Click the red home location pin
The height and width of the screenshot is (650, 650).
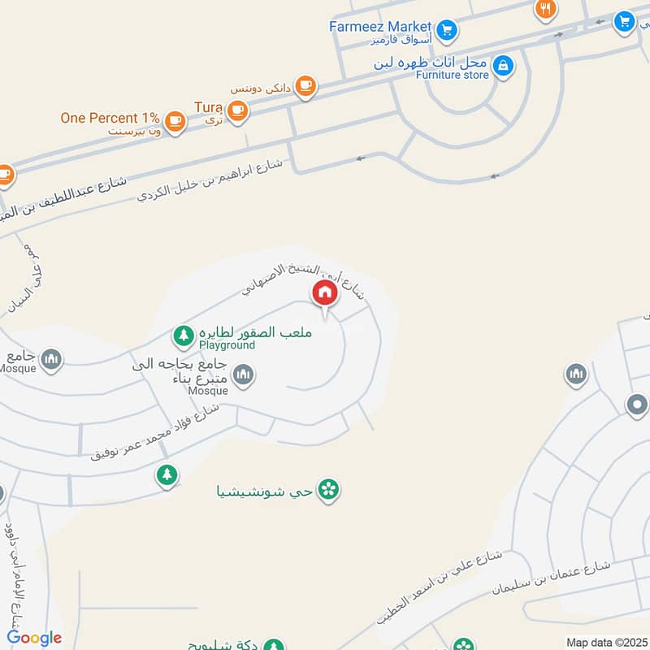point(324,293)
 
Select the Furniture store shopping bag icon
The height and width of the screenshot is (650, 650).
point(503,65)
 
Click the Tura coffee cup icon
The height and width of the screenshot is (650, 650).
point(236,110)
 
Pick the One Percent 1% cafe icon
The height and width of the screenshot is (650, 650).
point(174,121)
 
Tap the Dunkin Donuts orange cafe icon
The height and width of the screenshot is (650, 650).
point(305,86)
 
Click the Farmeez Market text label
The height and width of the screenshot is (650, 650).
point(379,26)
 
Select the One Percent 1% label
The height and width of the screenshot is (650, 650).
point(110,118)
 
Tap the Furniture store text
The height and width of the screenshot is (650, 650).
point(453,75)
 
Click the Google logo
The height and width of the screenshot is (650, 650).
point(34,638)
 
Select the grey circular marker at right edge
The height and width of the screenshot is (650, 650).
point(636,405)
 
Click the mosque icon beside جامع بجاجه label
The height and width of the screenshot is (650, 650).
point(243,375)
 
